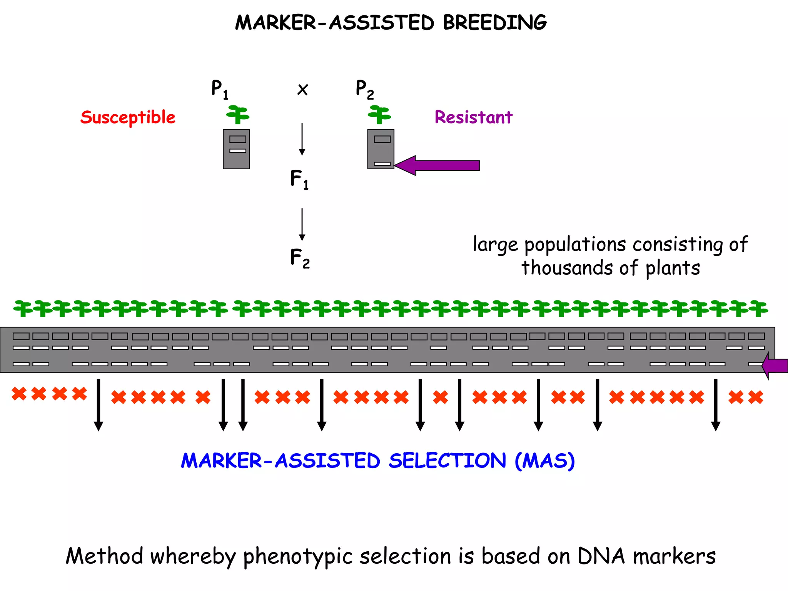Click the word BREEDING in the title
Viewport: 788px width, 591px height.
tap(494, 22)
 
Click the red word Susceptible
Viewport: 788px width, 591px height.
tap(128, 117)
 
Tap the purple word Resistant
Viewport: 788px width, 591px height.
tap(473, 117)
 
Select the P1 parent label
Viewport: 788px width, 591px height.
tap(220, 89)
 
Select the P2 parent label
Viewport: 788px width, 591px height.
tap(364, 89)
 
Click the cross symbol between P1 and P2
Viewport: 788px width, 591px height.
tap(303, 90)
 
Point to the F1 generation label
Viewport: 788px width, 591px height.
tap(299, 179)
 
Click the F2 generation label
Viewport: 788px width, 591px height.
tap(300, 258)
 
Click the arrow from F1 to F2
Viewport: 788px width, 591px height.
tap(302, 224)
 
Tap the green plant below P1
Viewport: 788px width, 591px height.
tap(238, 115)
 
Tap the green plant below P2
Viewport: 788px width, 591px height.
tap(379, 115)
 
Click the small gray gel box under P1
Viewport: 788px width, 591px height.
tap(236, 149)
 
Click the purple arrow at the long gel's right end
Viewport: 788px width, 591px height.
tap(775, 366)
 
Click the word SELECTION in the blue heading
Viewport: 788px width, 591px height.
tap(447, 461)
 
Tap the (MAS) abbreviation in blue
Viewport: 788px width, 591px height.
tap(545, 461)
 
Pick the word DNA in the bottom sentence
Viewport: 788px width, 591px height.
tap(601, 556)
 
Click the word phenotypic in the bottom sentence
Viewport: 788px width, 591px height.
tap(298, 557)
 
